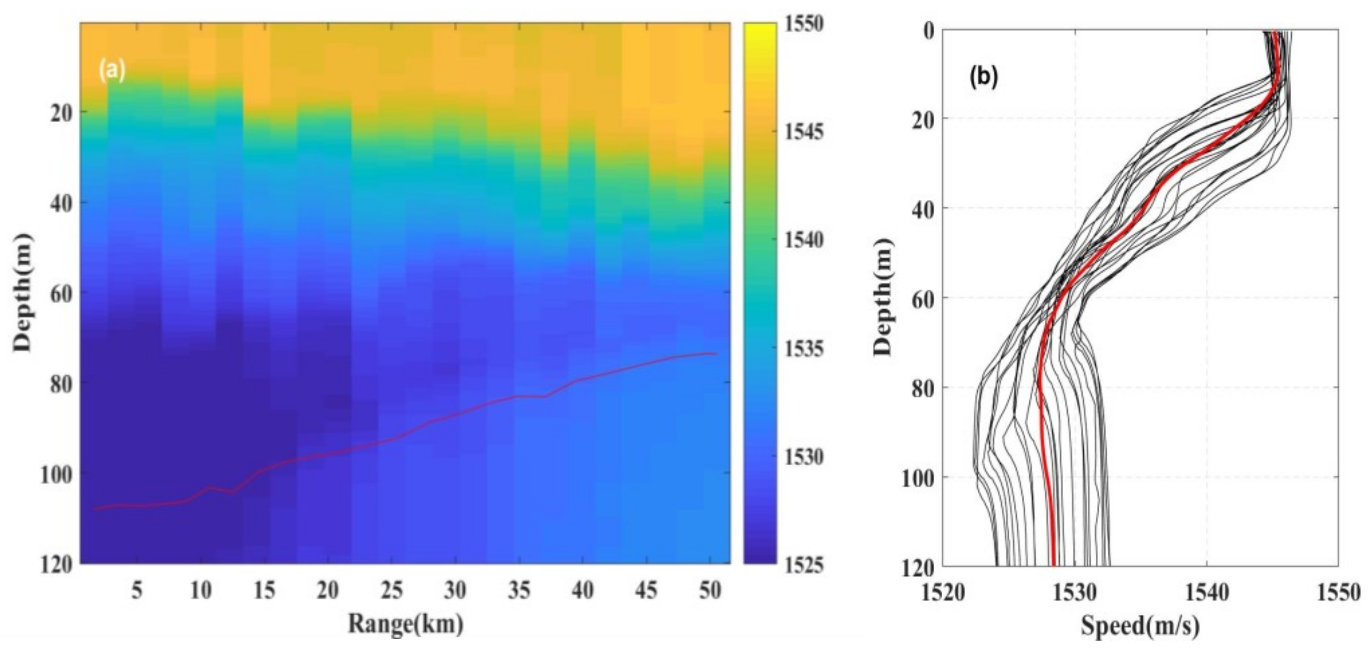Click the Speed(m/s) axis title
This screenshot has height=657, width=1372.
coord(1140,626)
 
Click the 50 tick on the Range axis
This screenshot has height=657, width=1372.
coord(709,590)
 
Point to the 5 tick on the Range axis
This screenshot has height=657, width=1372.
coord(137,590)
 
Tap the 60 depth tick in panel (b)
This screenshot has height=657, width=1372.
coord(920,299)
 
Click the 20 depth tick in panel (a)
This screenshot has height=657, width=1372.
coord(62,113)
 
